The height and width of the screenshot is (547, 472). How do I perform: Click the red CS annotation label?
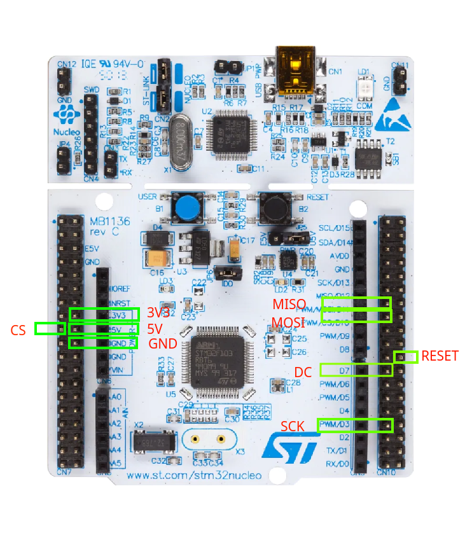(18, 329)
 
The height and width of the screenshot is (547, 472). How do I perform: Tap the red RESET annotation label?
(440, 356)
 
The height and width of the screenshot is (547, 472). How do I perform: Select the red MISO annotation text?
(289, 303)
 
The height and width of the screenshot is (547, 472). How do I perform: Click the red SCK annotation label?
(293, 424)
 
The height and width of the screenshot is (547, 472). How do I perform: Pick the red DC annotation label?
(303, 371)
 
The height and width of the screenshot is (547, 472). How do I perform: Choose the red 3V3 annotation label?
(158, 312)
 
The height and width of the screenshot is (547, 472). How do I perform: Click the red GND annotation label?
(162, 343)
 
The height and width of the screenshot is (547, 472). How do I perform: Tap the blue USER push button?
(186, 207)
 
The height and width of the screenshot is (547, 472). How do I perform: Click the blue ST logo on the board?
(290, 447)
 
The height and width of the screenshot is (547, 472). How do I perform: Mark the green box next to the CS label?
(50, 328)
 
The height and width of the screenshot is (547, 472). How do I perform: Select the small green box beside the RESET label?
(406, 356)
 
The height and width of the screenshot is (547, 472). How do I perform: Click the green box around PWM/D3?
(355, 425)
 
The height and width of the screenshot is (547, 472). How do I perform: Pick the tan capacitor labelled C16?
(156, 258)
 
